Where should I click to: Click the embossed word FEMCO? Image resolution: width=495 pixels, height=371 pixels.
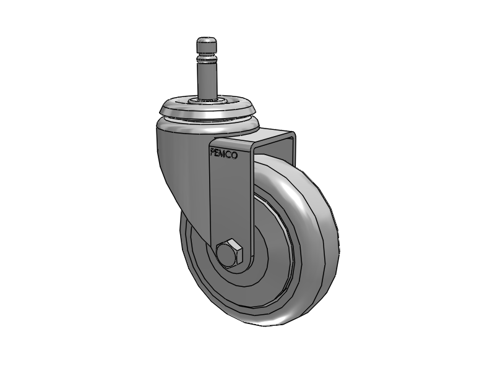(224, 154)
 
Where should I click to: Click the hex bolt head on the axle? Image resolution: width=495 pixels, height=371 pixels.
(230, 253)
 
